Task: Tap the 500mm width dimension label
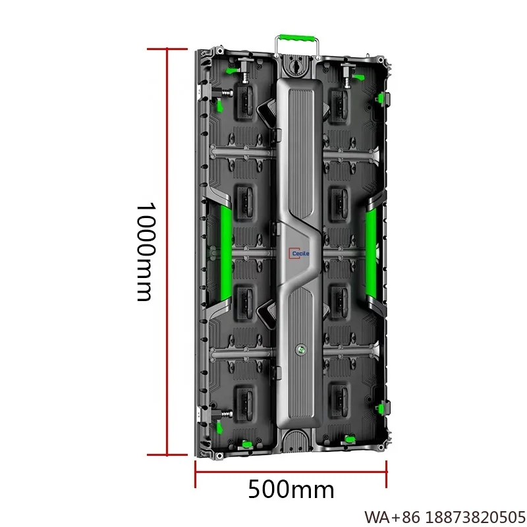coord(291,490)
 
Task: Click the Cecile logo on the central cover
coord(298,251)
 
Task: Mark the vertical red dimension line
coord(167,251)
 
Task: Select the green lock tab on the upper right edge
coord(381,99)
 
